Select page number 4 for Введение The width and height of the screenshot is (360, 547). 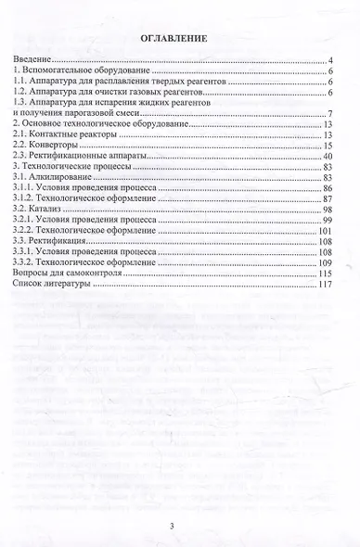(x=330, y=60)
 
